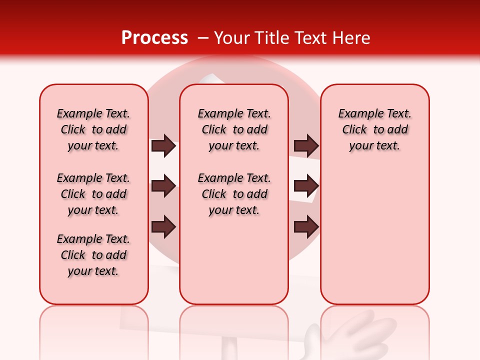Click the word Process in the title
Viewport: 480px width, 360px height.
point(154,37)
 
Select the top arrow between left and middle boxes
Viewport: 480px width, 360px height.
point(163,146)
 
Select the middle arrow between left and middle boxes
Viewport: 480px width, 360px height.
point(163,186)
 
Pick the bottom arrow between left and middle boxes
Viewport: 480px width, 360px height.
point(163,227)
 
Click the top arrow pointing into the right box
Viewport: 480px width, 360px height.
point(306,146)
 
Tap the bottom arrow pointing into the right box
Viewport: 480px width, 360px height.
point(306,227)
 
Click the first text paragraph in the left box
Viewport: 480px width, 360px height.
point(93,129)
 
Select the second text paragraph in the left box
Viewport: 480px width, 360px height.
point(93,194)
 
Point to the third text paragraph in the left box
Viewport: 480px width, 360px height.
point(93,255)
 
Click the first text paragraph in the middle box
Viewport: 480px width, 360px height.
point(234,129)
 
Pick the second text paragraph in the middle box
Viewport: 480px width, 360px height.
point(234,194)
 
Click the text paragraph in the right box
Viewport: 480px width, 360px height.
point(374,129)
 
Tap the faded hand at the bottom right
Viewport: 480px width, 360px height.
point(345,335)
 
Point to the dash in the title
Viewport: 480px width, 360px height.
point(202,38)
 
